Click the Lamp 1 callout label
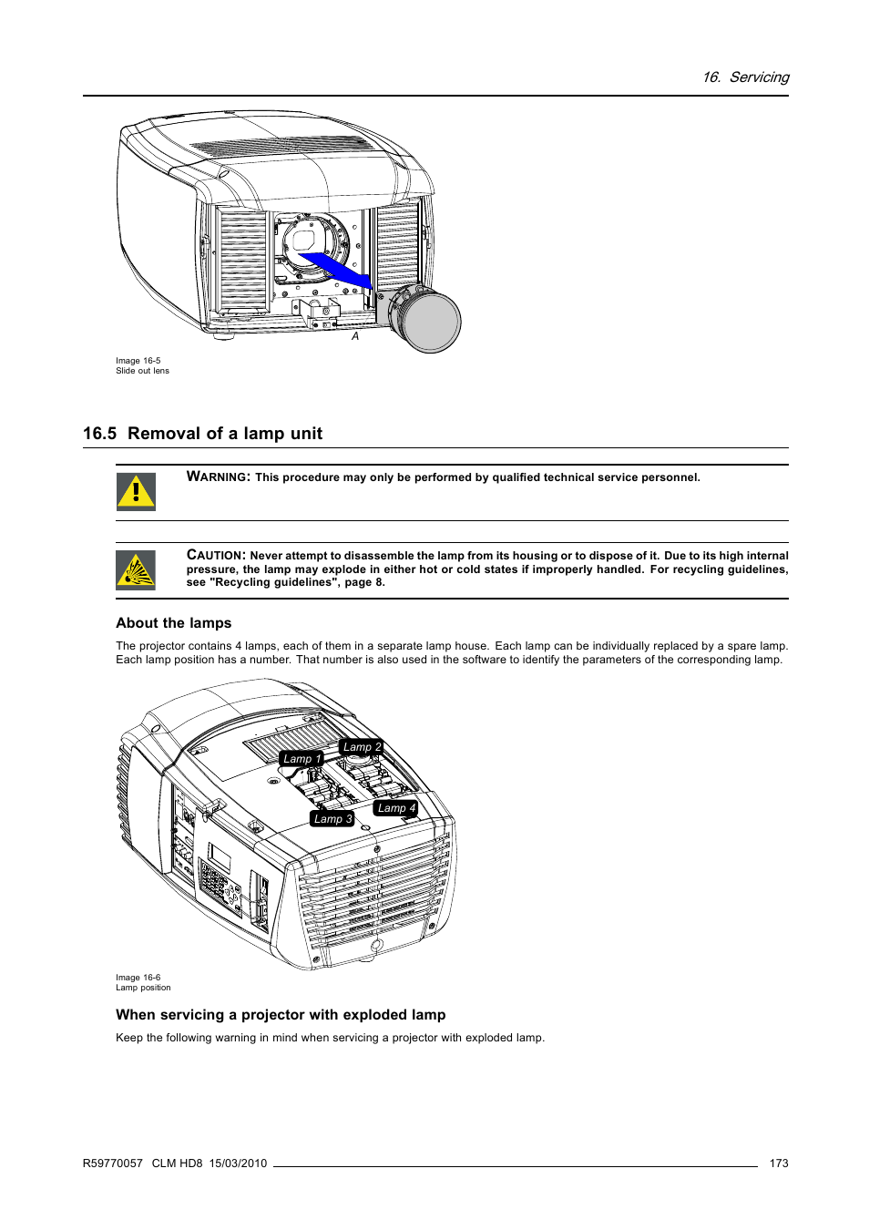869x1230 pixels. pyautogui.click(x=302, y=759)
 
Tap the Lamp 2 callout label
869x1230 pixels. pyautogui.click(x=362, y=747)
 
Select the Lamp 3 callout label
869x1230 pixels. pyautogui.click(x=332, y=819)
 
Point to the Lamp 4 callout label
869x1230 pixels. pyautogui.click(x=396, y=808)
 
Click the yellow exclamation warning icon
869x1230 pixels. pyautogui.click(x=136, y=492)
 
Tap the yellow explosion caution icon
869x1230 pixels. pyautogui.click(x=136, y=571)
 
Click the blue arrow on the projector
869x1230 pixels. pyautogui.click(x=336, y=269)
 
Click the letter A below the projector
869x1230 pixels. pyautogui.click(x=355, y=336)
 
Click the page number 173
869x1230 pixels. pyautogui.click(x=779, y=1163)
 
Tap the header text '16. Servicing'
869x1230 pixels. pyautogui.click(x=745, y=77)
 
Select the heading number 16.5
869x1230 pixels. pyautogui.click(x=99, y=434)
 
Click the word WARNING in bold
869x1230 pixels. pyautogui.click(x=218, y=477)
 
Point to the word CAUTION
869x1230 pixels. pyautogui.click(x=216, y=555)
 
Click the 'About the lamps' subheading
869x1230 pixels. pyautogui.click(x=174, y=623)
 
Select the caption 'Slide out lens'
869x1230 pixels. pyautogui.click(x=142, y=371)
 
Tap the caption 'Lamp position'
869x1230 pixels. pyautogui.click(x=143, y=988)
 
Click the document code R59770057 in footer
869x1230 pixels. pyautogui.click(x=113, y=1163)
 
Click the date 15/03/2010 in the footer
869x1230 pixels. pyautogui.click(x=238, y=1163)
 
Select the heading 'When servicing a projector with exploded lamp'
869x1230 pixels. pyautogui.click(x=281, y=1015)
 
